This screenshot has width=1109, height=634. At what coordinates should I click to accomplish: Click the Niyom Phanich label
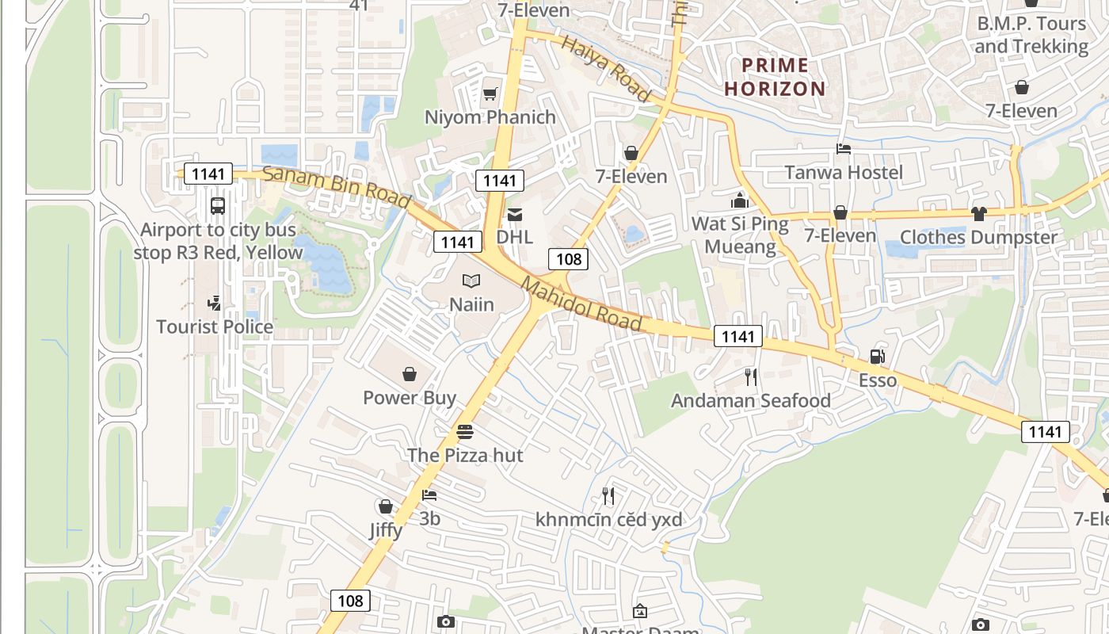click(490, 117)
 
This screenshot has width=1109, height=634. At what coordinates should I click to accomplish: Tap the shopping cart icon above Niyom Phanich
click(490, 94)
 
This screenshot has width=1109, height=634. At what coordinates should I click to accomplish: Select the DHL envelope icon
click(515, 214)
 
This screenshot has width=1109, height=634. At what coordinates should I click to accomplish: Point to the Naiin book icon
click(471, 281)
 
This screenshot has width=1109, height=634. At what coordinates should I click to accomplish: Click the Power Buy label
click(410, 397)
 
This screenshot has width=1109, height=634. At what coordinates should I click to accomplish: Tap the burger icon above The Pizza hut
click(465, 432)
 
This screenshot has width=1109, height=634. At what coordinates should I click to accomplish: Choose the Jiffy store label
click(386, 530)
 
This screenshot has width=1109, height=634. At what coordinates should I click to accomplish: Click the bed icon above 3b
click(429, 495)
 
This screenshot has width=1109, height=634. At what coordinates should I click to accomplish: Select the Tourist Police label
click(215, 327)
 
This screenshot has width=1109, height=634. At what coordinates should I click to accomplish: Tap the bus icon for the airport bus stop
click(218, 206)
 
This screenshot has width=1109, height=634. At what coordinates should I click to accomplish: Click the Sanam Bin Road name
click(337, 187)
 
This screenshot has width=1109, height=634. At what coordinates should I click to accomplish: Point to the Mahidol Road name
click(582, 304)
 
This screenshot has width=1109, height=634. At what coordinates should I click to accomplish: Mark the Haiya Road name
click(606, 67)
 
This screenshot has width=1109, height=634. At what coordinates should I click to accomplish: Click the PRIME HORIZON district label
click(775, 77)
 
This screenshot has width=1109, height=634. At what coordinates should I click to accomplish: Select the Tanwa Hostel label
click(844, 172)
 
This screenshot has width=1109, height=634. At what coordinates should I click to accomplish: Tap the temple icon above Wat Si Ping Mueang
click(740, 201)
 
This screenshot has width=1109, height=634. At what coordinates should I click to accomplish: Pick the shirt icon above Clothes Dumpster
click(979, 213)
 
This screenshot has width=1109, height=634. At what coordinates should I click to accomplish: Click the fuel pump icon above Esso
click(877, 357)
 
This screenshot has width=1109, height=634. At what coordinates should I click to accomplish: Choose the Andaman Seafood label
click(751, 400)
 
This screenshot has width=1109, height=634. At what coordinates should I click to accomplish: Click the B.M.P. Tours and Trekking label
click(1031, 35)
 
